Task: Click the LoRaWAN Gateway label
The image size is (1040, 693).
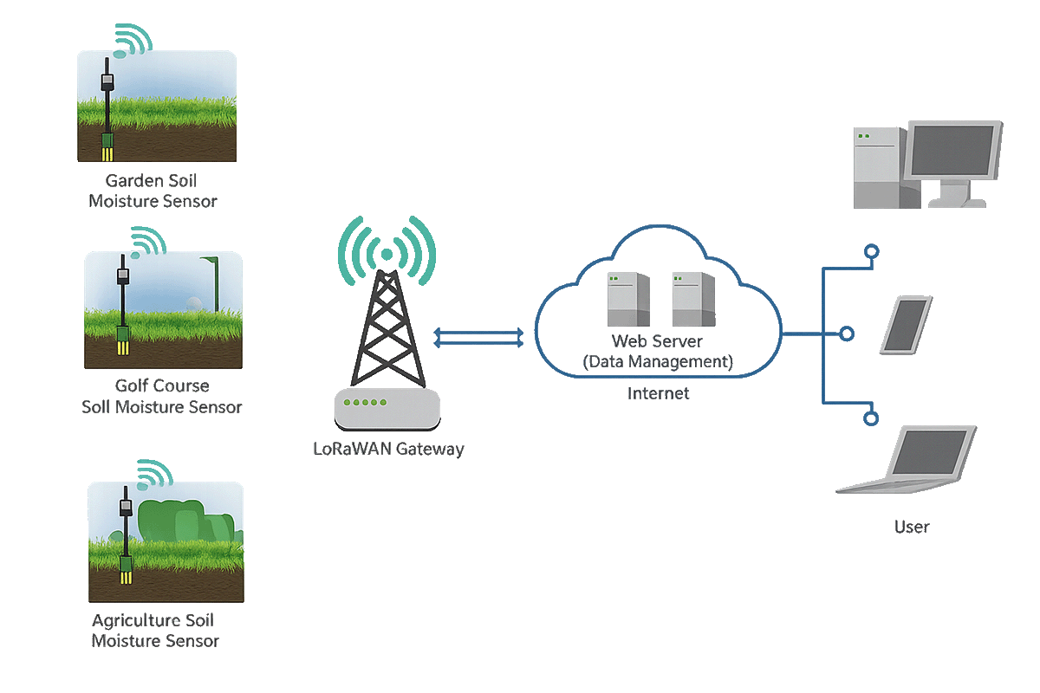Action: tap(388, 449)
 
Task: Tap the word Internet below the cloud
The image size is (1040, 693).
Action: tap(658, 393)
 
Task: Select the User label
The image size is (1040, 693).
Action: tap(912, 527)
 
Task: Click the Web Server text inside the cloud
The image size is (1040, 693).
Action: tap(657, 341)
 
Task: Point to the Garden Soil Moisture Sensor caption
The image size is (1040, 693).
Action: tap(153, 191)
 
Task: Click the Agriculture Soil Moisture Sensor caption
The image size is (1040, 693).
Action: tap(154, 631)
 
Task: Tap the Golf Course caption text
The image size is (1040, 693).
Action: tap(162, 385)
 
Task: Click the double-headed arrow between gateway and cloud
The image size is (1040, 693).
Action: tap(478, 338)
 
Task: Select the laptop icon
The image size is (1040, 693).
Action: tap(907, 459)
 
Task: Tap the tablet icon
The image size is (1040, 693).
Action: tap(907, 325)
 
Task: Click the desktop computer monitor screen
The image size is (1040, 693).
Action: tap(952, 151)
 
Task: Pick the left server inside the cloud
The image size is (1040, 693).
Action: tap(628, 299)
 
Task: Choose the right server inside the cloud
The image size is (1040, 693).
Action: tap(693, 299)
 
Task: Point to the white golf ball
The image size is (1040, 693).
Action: tap(193, 304)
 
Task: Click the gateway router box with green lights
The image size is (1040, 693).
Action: tap(387, 409)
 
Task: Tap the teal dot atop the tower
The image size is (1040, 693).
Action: tap(387, 255)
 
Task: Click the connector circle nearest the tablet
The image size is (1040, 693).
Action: tap(847, 334)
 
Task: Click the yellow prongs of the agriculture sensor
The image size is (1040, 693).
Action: tap(126, 577)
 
